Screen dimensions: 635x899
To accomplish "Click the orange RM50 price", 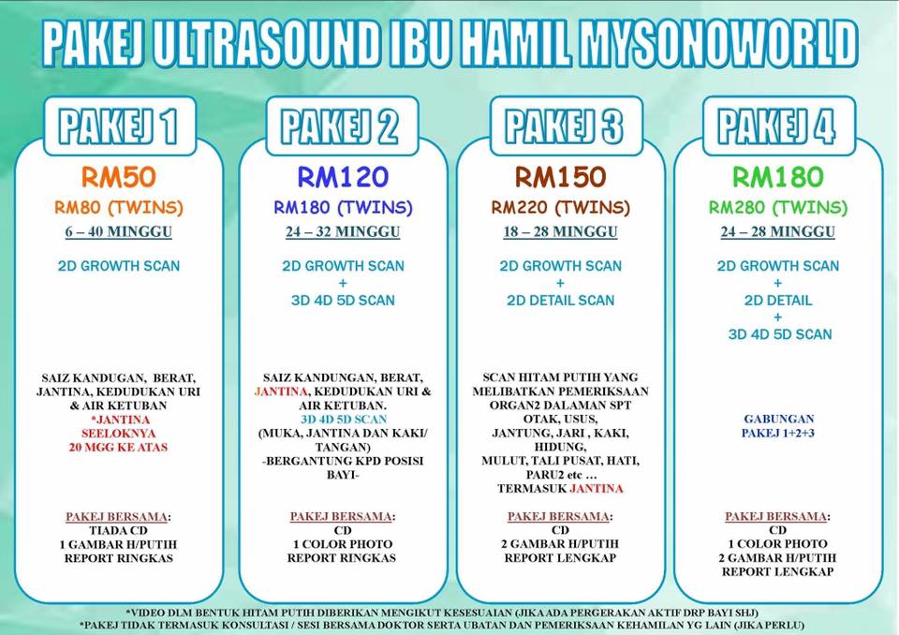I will tap(118, 177).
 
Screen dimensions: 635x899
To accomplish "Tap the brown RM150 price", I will tap(560, 177).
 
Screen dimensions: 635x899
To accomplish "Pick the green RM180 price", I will tap(778, 177).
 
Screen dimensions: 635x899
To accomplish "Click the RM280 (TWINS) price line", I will tap(778, 207).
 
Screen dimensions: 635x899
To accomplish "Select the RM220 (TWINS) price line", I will tap(560, 207).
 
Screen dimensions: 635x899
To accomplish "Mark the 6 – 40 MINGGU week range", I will tap(118, 231).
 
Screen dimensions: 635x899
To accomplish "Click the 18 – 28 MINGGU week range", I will tap(560, 231).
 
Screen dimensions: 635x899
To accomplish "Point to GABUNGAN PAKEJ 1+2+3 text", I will tap(778, 426).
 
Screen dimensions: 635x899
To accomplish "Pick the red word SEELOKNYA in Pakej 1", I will tap(118, 433).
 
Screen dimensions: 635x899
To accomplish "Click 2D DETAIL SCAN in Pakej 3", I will tap(560, 301).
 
